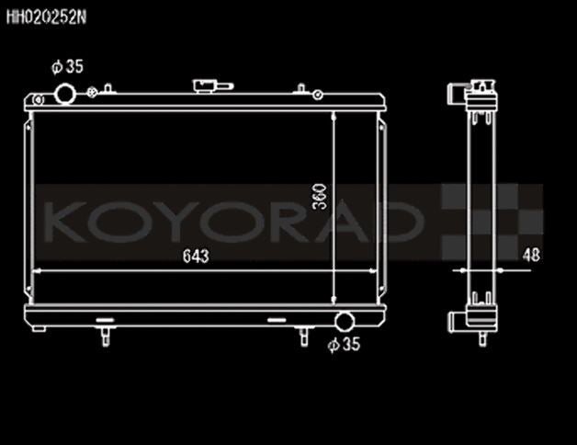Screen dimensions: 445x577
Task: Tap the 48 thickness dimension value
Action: pyautogui.click(x=529, y=257)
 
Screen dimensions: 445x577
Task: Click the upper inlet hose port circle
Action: pyautogui.click(x=65, y=94)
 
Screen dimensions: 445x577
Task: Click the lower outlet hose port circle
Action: pyautogui.click(x=345, y=322)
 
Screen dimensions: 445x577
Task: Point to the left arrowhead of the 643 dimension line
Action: pyautogui.click(x=38, y=270)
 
